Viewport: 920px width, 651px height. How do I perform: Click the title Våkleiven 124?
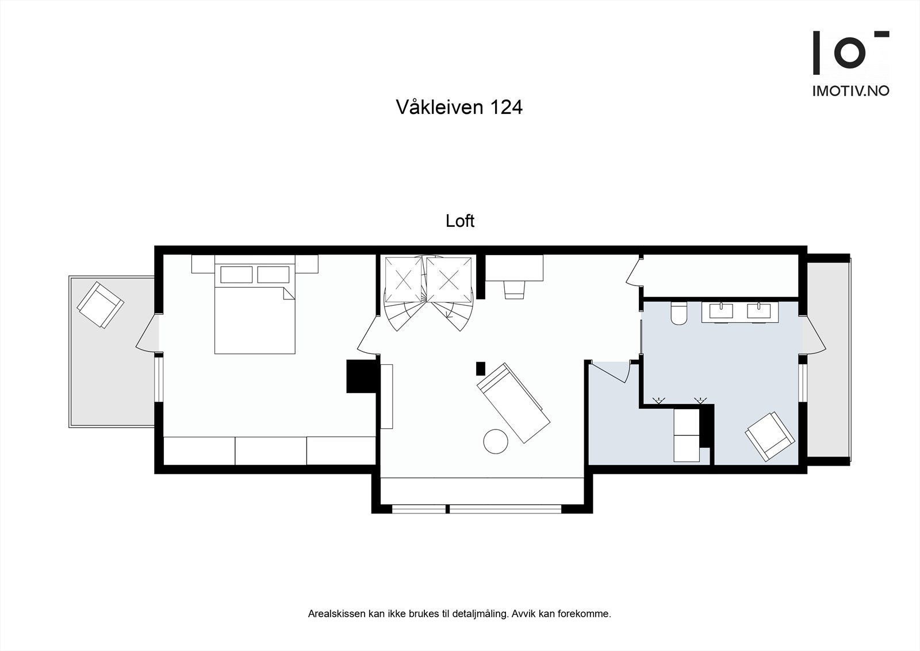coord(459,107)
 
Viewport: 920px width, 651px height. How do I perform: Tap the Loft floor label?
coord(460,221)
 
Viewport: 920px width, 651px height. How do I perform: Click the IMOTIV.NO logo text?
coord(850,91)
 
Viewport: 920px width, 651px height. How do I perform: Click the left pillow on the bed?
coord(236,275)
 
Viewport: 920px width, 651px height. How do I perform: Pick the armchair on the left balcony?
coord(101,305)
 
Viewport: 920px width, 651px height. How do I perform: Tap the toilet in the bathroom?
coord(679,313)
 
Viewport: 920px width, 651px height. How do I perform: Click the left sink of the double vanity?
coord(721,311)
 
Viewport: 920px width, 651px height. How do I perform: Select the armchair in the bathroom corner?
coord(770,436)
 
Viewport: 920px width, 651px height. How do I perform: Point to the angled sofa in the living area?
coord(513,403)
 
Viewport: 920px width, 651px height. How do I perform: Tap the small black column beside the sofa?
coord(481,368)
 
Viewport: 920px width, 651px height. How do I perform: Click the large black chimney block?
coord(361,376)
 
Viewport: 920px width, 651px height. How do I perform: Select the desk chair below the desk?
coord(515,290)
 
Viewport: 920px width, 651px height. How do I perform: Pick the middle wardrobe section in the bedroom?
coord(271,451)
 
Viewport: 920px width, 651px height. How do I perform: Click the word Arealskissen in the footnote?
coord(336,614)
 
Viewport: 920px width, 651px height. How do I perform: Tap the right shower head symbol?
coord(700,399)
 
